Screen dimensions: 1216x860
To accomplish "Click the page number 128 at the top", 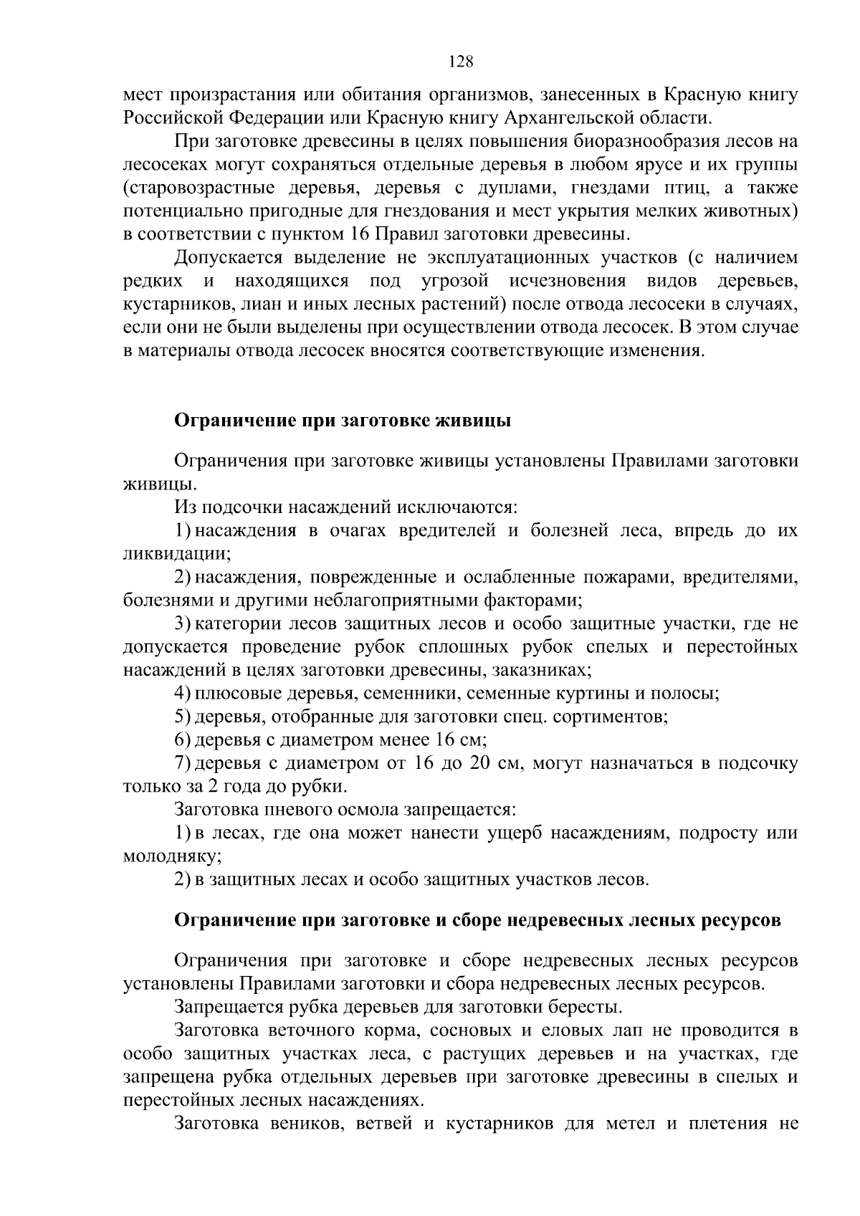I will [x=461, y=62].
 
